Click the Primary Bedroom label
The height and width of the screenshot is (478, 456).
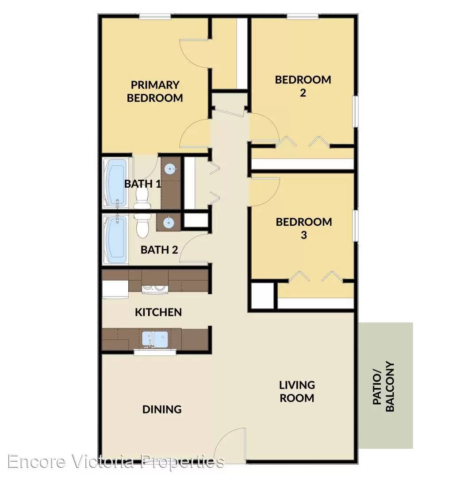pos(155,91)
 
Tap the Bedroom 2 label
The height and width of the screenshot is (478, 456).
pos(303,86)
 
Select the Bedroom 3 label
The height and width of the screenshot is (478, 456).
pos(304,228)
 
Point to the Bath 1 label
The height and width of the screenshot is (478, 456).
pos(142,184)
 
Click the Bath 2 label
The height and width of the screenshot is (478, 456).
pos(159,250)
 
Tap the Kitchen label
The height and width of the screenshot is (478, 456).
pos(158,312)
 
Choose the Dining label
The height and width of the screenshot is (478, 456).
pos(162,409)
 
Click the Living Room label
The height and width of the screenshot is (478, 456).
pos(297,391)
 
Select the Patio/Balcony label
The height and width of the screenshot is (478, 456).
pos(383,386)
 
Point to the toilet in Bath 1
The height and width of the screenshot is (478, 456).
pos(142,197)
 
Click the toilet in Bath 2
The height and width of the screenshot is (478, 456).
pos(142,226)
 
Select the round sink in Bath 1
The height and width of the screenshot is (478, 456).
pos(170,169)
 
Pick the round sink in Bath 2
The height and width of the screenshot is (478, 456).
pos(169,223)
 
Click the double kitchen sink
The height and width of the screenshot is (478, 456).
pos(155,339)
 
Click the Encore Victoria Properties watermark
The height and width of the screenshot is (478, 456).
pos(116,461)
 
